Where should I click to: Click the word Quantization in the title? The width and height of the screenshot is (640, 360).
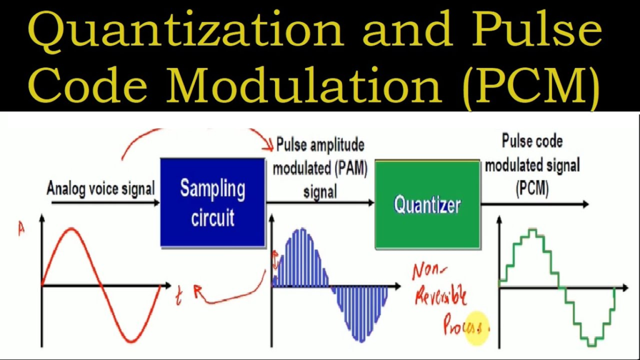(186, 31)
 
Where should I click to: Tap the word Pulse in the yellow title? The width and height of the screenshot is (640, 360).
(536, 29)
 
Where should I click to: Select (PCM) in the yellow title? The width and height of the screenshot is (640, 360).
(533, 86)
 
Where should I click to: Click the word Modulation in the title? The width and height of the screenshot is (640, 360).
(304, 84)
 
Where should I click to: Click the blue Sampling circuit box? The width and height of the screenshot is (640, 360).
(212, 202)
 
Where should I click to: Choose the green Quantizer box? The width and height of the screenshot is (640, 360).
(427, 204)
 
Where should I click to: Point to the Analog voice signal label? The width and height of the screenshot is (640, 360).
(101, 189)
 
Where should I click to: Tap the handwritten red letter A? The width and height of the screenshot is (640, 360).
(21, 228)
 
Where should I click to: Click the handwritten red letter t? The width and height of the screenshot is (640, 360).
(179, 295)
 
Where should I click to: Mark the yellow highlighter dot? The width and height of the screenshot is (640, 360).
(476, 327)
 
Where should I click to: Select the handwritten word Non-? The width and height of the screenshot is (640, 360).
(429, 271)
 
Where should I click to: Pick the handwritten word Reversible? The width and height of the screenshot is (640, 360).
(441, 295)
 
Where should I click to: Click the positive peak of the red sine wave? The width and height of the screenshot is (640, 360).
(72, 230)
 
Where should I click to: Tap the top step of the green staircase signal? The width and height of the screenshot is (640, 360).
(532, 230)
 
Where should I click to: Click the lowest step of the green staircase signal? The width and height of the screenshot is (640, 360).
(592, 345)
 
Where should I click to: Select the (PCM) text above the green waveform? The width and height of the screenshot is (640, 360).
(532, 188)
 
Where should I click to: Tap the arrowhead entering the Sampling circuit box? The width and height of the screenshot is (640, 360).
(156, 202)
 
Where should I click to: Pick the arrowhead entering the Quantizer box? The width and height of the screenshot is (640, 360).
(371, 202)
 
